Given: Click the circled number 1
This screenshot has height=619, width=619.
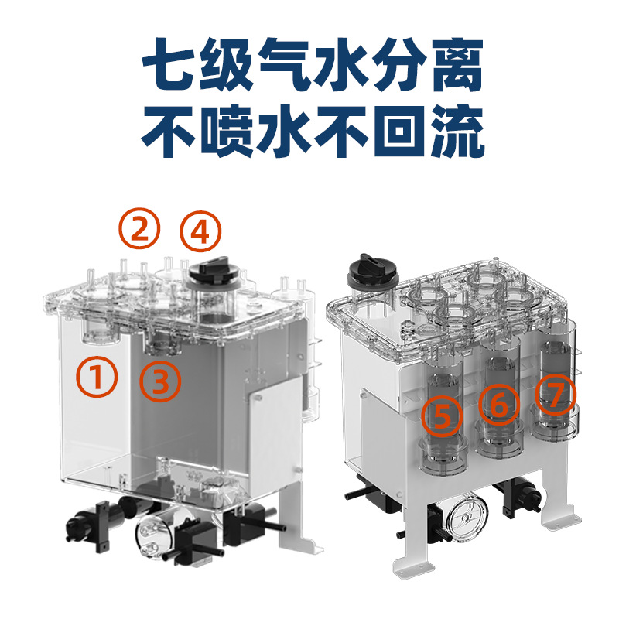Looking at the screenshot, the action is pos(97,377).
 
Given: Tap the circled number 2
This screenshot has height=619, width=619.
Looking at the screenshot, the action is pos(140,228).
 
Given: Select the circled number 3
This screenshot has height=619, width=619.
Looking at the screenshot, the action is pos(160,381).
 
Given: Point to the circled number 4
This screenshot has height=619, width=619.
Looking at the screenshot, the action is pos(200,231).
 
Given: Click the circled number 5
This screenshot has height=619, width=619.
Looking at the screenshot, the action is pos(442,416).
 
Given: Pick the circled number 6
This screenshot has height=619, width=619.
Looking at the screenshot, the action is pos(499,404).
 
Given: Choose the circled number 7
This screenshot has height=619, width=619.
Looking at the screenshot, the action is pos(556,395).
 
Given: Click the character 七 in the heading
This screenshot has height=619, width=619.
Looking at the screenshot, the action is pos(169,64).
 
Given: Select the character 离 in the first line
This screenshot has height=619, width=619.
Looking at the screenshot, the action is pos(458,64).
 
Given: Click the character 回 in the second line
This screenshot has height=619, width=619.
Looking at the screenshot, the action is pos(399,131).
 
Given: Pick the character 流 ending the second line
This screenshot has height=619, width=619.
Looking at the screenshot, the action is pos(458,131).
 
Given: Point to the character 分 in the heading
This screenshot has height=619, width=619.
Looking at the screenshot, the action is pos(399,64).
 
